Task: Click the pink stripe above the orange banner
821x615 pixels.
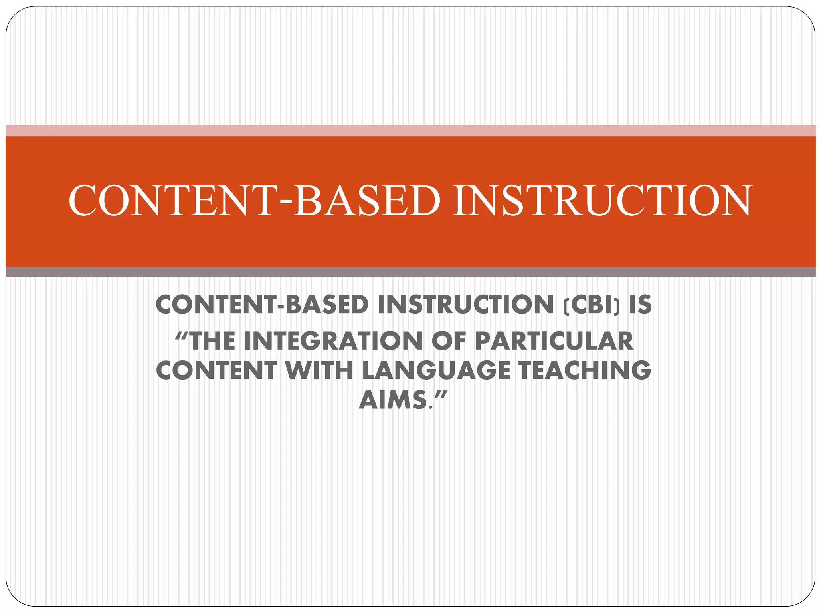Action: (x=410, y=131)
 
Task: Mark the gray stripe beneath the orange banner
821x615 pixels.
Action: (x=410, y=272)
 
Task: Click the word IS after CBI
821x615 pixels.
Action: (x=640, y=305)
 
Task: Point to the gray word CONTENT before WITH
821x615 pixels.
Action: (x=216, y=370)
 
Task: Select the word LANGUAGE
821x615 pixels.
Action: (x=436, y=370)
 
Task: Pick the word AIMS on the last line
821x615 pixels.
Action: (x=392, y=400)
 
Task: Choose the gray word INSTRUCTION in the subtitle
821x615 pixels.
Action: (x=465, y=305)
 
